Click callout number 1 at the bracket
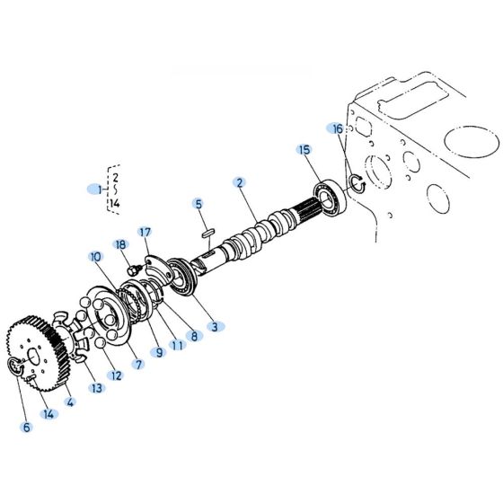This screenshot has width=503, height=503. pyautogui.click(x=99, y=190)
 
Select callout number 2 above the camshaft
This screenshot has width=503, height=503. pyautogui.click(x=240, y=182)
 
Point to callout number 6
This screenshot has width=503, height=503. pyautogui.click(x=26, y=427)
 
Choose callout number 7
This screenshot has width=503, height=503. pyautogui.click(x=138, y=365)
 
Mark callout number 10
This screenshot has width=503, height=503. pyautogui.click(x=95, y=257)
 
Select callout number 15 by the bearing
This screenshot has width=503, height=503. pyautogui.click(x=304, y=150)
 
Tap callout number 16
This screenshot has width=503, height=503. pyautogui.click(x=337, y=129)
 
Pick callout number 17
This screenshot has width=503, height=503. pyautogui.click(x=145, y=232)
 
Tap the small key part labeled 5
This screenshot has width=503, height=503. pyautogui.click(x=207, y=231)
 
